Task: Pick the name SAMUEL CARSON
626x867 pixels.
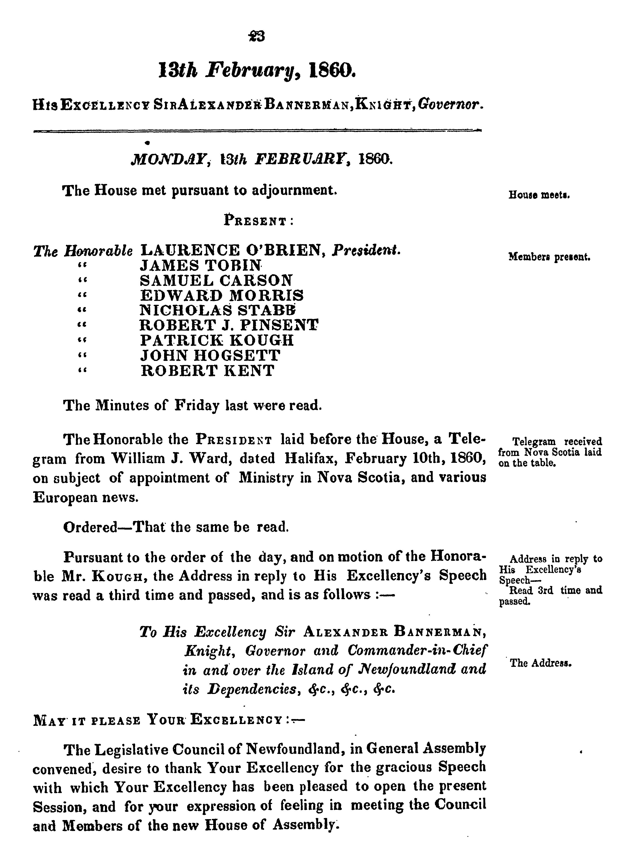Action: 216,281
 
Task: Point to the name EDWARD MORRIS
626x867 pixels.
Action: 222,295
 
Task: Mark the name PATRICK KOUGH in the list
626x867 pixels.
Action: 217,340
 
